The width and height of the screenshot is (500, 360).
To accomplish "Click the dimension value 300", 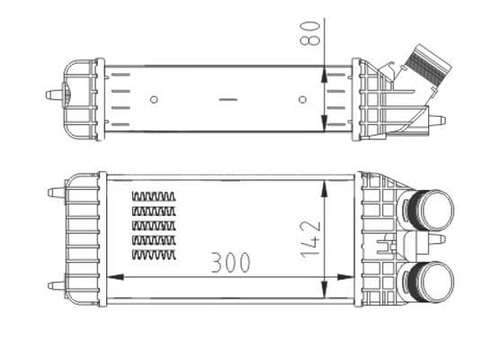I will pyautogui.click(x=230, y=263).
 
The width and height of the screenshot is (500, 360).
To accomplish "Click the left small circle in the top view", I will pyautogui.click(x=154, y=99).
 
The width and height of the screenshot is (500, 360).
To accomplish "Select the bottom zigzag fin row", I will pyautogui.click(x=154, y=256).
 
